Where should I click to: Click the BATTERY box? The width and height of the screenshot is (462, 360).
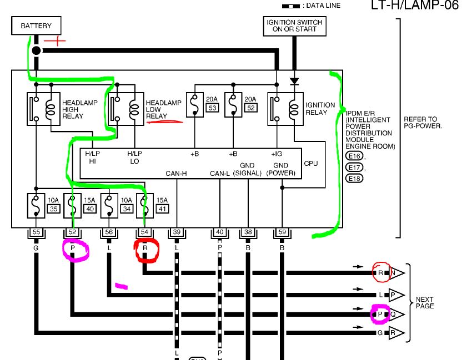pos(36,26)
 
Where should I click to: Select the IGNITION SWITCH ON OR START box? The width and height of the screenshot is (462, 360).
pos(294,26)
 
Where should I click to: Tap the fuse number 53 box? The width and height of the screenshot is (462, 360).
pos(213,108)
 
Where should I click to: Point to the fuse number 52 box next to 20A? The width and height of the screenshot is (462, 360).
pos(251,108)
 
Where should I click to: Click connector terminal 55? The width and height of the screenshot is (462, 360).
pos(36,232)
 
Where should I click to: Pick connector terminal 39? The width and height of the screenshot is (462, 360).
pos(177,232)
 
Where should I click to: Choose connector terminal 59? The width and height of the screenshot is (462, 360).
pos(282,232)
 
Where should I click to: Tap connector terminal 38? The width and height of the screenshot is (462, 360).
pos(248,232)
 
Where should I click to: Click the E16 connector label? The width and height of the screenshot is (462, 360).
pos(354,156)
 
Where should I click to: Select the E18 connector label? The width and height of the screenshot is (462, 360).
pos(354,178)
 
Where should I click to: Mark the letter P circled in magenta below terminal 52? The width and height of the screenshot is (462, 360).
pos(73,248)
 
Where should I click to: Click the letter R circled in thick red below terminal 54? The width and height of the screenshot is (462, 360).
pos(145,248)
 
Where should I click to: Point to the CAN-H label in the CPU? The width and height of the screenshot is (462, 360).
pos(176,174)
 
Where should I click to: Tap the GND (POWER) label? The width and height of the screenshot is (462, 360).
pos(281,169)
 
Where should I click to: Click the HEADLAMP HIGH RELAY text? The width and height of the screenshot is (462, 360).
pos(80,109)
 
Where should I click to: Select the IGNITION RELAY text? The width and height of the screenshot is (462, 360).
pos(320,109)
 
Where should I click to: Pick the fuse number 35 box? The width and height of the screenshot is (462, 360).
pos(54,209)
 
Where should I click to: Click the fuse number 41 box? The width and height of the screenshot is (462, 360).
pos(162,209)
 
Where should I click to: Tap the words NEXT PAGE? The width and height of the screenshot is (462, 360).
pos(425,303)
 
